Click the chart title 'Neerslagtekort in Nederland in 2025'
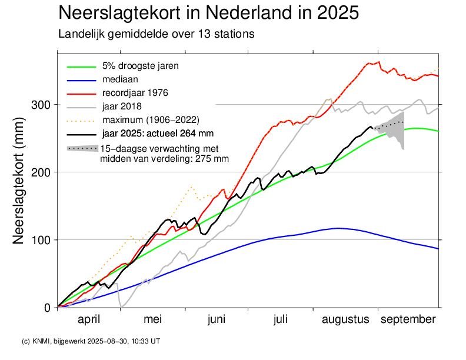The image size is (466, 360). click(209, 13)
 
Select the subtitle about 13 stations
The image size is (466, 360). click(156, 34)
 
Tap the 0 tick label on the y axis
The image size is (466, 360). click(48, 308)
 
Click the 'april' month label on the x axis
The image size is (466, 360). click(89, 319)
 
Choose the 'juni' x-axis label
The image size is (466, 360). click(217, 319)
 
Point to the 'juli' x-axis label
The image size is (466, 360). click(281, 319)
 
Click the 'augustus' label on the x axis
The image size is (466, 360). click(345, 319)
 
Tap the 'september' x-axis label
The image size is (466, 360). click(408, 319)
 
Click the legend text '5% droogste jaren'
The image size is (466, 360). click(140, 65)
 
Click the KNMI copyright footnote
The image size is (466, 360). click(91, 341)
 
